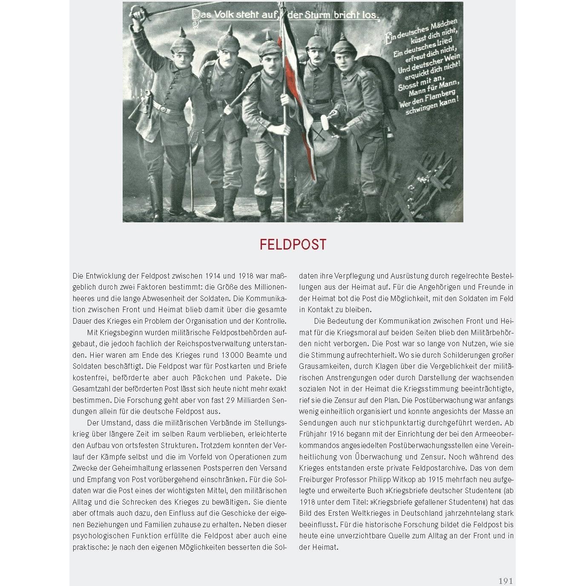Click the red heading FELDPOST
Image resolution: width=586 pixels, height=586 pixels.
(293, 245)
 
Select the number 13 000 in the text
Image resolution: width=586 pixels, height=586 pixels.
(233, 355)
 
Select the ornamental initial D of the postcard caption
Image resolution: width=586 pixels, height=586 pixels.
(196, 15)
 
